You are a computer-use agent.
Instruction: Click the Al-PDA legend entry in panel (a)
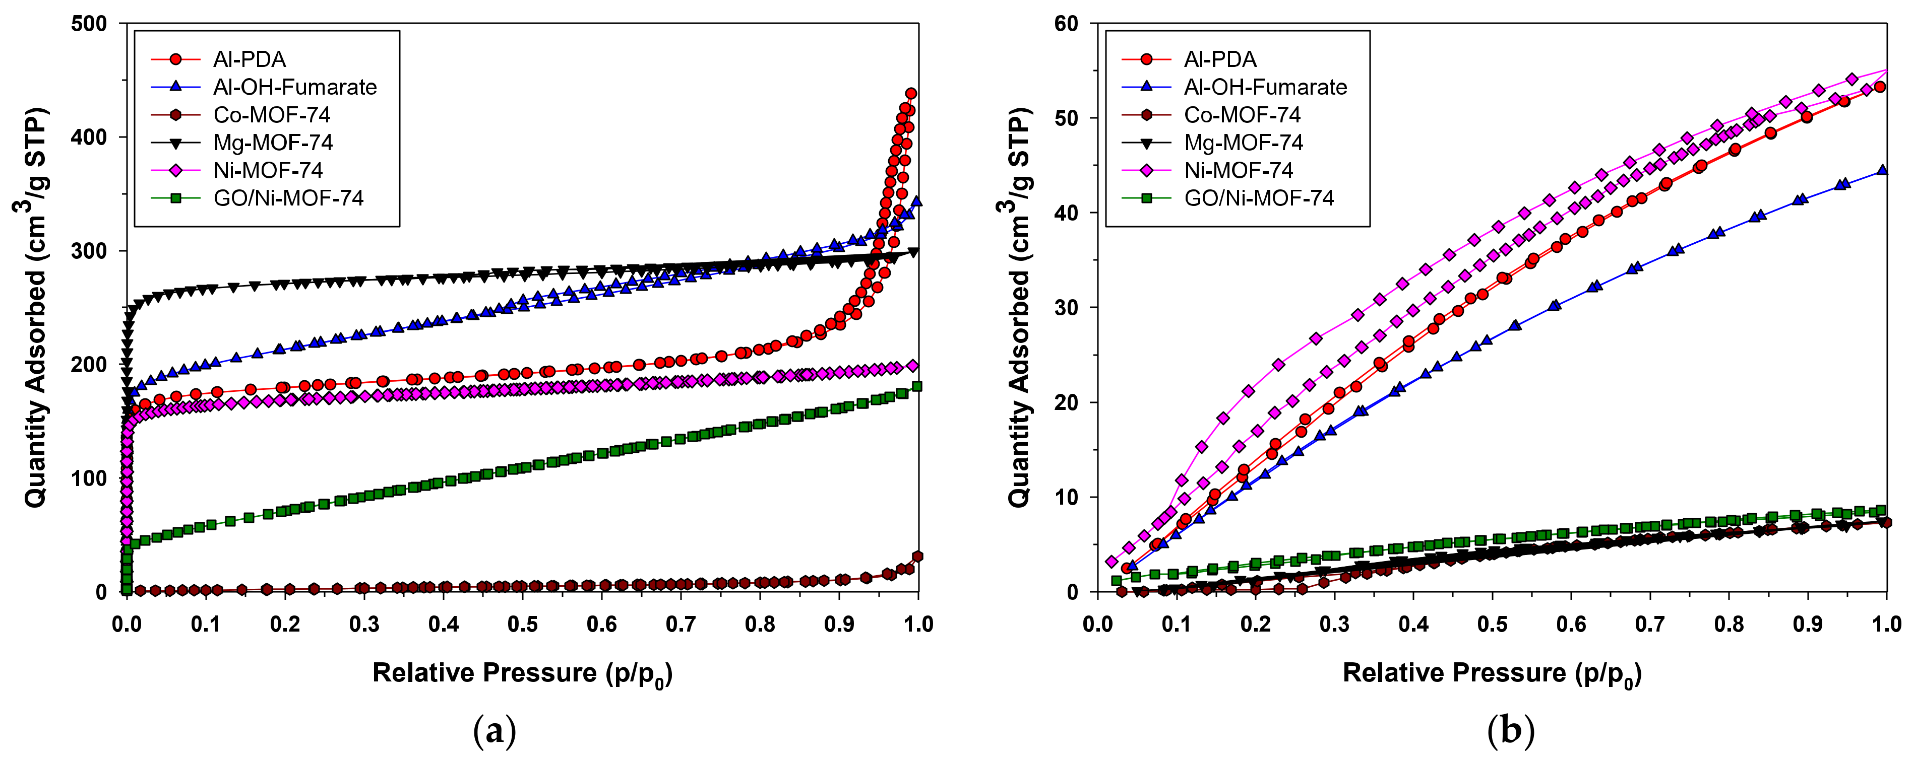249,59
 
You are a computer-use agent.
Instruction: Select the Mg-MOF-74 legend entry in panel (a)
273,143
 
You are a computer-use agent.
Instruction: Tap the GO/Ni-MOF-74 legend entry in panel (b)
1258,198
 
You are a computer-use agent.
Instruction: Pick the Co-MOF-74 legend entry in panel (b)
1242,115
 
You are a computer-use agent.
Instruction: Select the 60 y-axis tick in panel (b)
1067,24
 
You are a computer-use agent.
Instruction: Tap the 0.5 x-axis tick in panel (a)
522,624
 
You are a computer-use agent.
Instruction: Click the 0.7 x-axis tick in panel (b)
1650,624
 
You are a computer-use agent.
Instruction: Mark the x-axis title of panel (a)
522,674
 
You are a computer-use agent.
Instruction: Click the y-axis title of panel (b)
1019,308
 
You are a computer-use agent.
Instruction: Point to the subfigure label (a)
495,731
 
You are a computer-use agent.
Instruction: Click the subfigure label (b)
1511,731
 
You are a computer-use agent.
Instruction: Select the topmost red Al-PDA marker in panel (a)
910,94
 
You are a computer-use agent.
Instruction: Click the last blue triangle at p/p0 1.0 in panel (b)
1881,170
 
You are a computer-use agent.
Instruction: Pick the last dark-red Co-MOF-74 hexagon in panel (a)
918,557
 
